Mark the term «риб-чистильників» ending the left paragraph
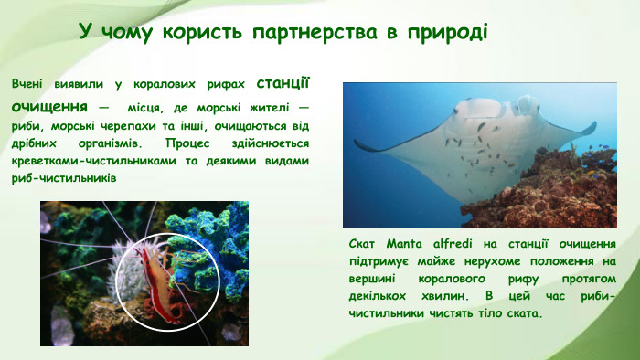coord(63,178)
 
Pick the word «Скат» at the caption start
coord(362,244)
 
